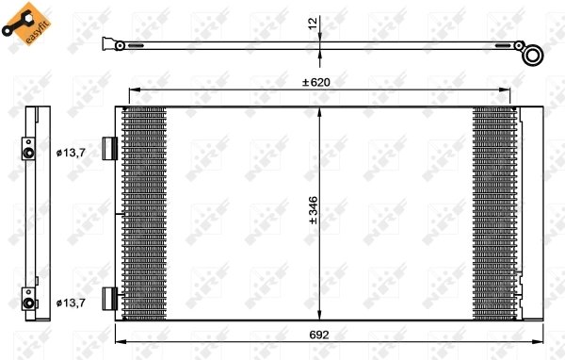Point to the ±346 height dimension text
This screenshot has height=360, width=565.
point(313,214)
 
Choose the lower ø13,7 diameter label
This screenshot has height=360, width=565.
point(71,302)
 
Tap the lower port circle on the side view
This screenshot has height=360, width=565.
point(29,303)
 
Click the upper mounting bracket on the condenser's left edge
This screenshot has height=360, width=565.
point(109,149)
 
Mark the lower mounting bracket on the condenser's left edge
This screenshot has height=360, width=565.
point(109,300)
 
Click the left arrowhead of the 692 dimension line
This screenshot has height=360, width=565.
point(119,342)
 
